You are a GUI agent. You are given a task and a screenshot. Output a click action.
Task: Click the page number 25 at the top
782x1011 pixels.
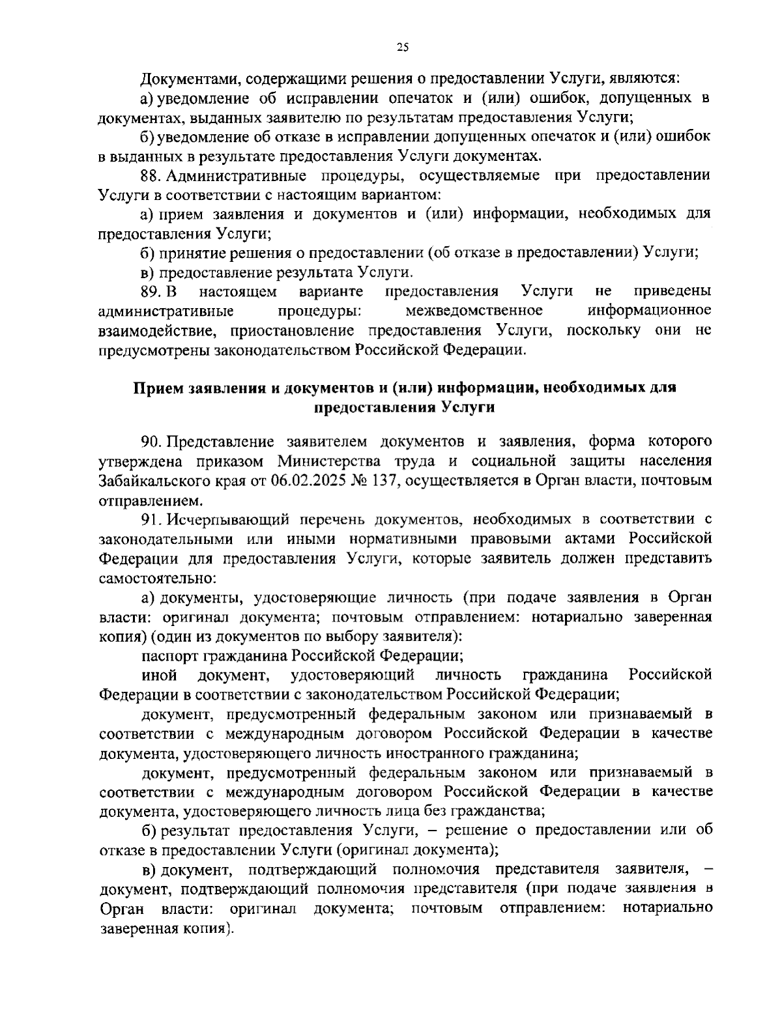[x=401, y=46]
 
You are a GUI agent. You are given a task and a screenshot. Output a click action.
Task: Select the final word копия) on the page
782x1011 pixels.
[x=209, y=928]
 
